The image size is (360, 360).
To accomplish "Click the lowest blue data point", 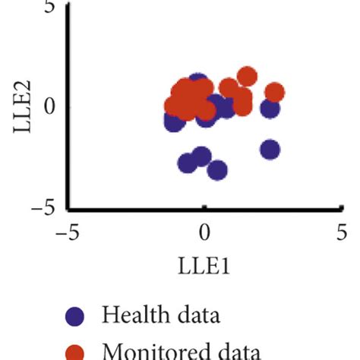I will click(x=218, y=170).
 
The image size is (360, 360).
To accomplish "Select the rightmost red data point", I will click(x=274, y=93).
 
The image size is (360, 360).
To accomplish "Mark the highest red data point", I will click(x=246, y=76).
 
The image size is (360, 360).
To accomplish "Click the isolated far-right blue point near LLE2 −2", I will click(x=270, y=150).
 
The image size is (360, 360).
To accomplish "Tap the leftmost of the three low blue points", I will click(x=187, y=163).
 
